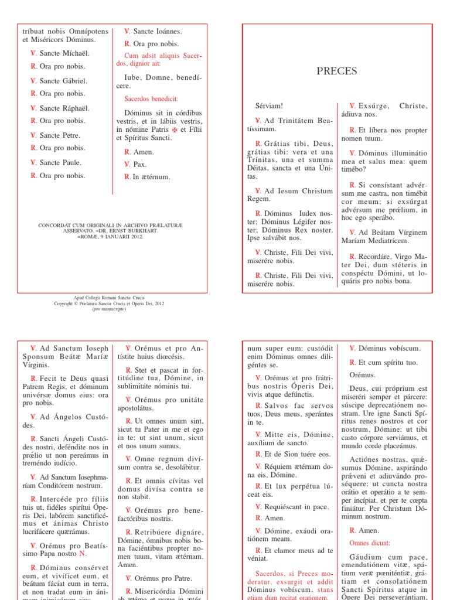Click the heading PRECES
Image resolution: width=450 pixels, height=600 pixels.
[x=337, y=71]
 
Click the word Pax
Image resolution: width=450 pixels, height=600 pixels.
[x=140, y=165]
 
